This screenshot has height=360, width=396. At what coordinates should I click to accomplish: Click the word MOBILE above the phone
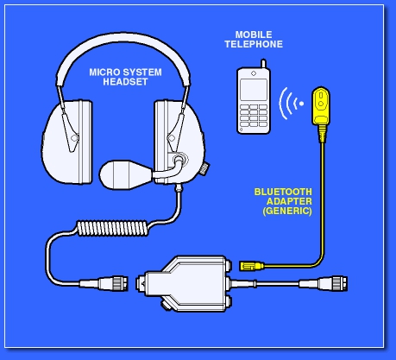click(x=254, y=35)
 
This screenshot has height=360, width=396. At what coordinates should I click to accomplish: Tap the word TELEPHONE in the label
click(x=254, y=44)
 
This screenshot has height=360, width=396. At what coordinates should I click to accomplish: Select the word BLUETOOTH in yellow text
click(x=283, y=192)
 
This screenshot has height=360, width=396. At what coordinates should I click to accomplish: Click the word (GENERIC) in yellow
click(x=287, y=211)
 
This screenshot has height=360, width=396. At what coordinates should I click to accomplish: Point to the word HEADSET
click(x=125, y=82)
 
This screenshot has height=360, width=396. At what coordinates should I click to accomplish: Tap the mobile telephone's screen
click(x=254, y=90)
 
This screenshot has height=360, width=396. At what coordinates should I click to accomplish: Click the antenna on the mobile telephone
click(x=263, y=64)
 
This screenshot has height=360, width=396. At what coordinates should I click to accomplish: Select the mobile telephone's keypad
click(x=254, y=116)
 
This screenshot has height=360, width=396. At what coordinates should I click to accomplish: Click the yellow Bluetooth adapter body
click(x=321, y=105)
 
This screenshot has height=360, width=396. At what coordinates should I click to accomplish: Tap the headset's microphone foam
click(x=125, y=174)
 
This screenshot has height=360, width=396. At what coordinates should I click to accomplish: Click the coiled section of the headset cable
click(x=112, y=228)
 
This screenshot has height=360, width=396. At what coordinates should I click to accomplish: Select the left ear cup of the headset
click(x=66, y=142)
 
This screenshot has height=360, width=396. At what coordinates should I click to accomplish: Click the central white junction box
click(x=185, y=284)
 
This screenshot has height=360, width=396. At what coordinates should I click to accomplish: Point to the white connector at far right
click(x=324, y=283)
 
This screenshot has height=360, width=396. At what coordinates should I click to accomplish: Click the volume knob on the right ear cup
click(x=205, y=168)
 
